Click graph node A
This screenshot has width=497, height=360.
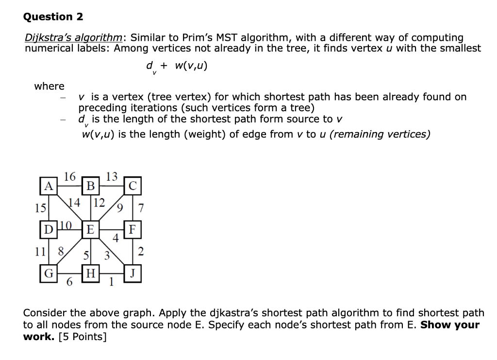click(x=48, y=186)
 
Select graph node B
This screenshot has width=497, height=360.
click(x=90, y=186)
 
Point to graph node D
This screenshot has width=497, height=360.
click(x=48, y=229)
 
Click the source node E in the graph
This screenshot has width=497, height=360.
click(x=90, y=229)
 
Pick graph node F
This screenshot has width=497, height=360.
click(x=133, y=229)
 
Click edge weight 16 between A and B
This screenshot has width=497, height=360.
click(x=69, y=176)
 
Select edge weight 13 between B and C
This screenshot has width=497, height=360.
click(x=112, y=176)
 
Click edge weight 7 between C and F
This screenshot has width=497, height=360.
click(x=141, y=208)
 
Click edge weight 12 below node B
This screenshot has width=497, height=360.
click(x=99, y=202)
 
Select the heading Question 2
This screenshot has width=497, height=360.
click(x=53, y=17)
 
